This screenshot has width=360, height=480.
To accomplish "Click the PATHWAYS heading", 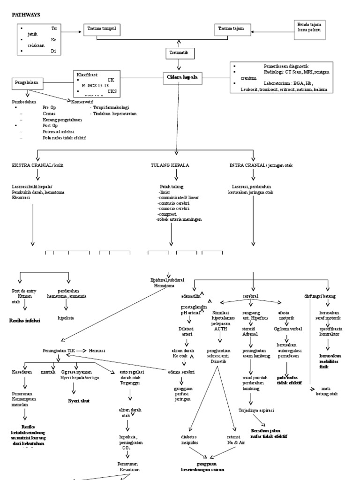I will click(26, 15).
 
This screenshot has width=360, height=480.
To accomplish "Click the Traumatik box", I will click(179, 53).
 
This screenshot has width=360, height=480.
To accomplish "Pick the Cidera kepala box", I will click(181, 78).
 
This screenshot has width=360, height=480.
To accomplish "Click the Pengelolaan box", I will click(27, 83).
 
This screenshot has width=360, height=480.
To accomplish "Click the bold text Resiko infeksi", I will click(25, 321).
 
